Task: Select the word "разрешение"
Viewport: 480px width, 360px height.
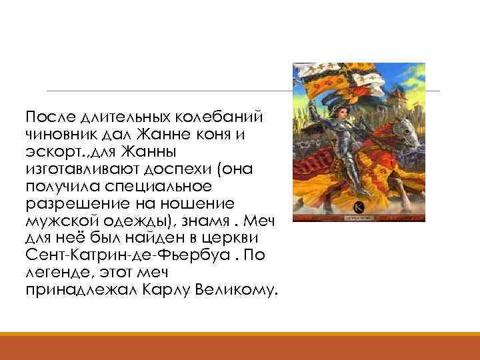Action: (x=67, y=204)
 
